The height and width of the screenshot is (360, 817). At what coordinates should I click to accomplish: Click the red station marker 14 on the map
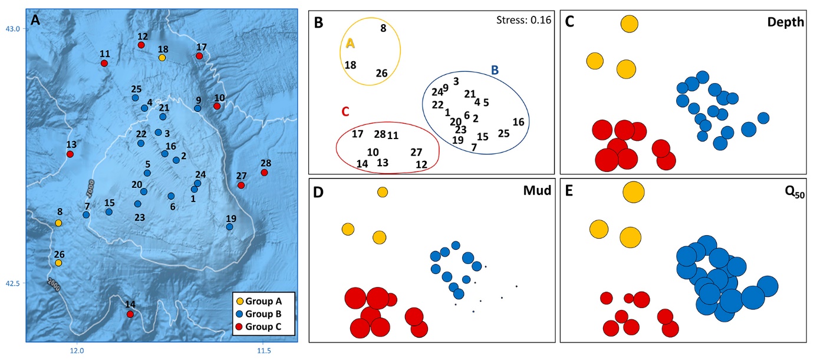[x=130, y=314]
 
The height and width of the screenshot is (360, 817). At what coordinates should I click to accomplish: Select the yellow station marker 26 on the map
[x=58, y=263]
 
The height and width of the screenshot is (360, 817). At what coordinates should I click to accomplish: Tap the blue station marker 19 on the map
[x=229, y=227]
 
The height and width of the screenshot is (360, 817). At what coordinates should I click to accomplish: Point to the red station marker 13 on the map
[x=70, y=154]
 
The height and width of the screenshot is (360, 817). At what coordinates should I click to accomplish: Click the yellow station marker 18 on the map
[x=162, y=58]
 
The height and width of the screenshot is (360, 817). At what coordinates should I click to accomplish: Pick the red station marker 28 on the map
[x=265, y=173]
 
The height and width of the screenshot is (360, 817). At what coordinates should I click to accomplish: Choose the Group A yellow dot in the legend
[x=240, y=301]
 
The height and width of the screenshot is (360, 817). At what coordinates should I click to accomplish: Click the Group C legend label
[x=263, y=326]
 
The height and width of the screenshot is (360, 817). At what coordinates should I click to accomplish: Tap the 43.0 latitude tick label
[x=13, y=29]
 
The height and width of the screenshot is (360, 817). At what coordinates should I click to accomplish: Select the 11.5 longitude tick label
[x=264, y=351]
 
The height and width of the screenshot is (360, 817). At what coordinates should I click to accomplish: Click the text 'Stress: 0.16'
[x=524, y=20]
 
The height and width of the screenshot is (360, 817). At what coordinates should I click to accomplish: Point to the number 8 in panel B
[x=383, y=28]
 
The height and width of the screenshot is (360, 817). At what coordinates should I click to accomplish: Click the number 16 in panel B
[x=518, y=122]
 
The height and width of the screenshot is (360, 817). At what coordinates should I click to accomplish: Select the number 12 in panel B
[x=421, y=164]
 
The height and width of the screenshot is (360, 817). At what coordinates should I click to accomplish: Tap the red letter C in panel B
[x=345, y=111]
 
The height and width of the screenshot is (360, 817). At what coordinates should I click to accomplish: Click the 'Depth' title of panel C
[x=786, y=22]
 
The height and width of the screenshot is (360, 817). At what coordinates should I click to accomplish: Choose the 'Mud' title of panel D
[x=537, y=190]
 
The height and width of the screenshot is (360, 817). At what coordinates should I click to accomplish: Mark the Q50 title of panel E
[x=795, y=192]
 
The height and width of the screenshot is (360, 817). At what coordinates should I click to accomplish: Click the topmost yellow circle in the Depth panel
[x=630, y=24]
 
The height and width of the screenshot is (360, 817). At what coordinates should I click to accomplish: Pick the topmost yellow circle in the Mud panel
[x=382, y=192]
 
